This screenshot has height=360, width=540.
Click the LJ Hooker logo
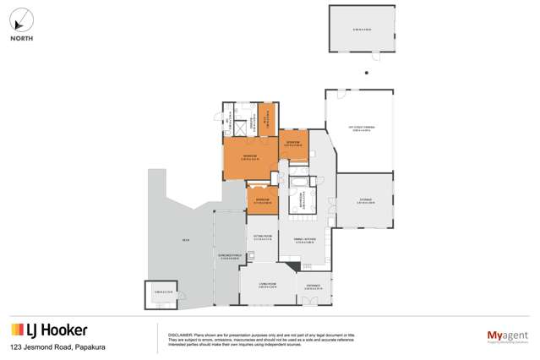(x=48, y=330)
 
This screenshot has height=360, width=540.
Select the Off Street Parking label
(x=359, y=129)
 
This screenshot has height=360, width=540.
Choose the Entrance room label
(x=313, y=288)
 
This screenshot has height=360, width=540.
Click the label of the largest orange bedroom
(x=250, y=156)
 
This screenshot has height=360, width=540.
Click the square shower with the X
(x=239, y=127)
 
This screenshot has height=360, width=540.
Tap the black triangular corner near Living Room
(x=292, y=266)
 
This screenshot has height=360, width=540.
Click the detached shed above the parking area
(x=362, y=30)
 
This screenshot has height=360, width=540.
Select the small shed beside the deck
(x=162, y=292)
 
